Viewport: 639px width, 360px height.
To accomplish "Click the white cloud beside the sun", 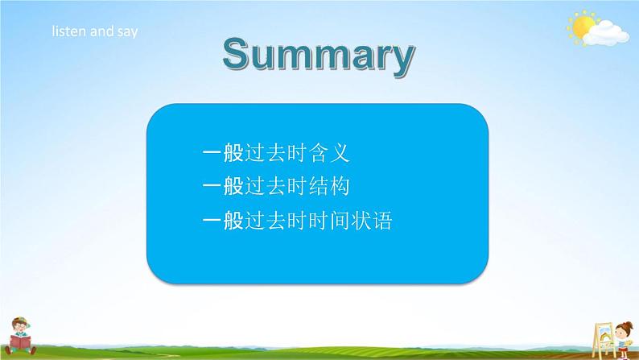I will (x=606, y=35).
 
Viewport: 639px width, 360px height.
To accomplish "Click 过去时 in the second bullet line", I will (x=276, y=187).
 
